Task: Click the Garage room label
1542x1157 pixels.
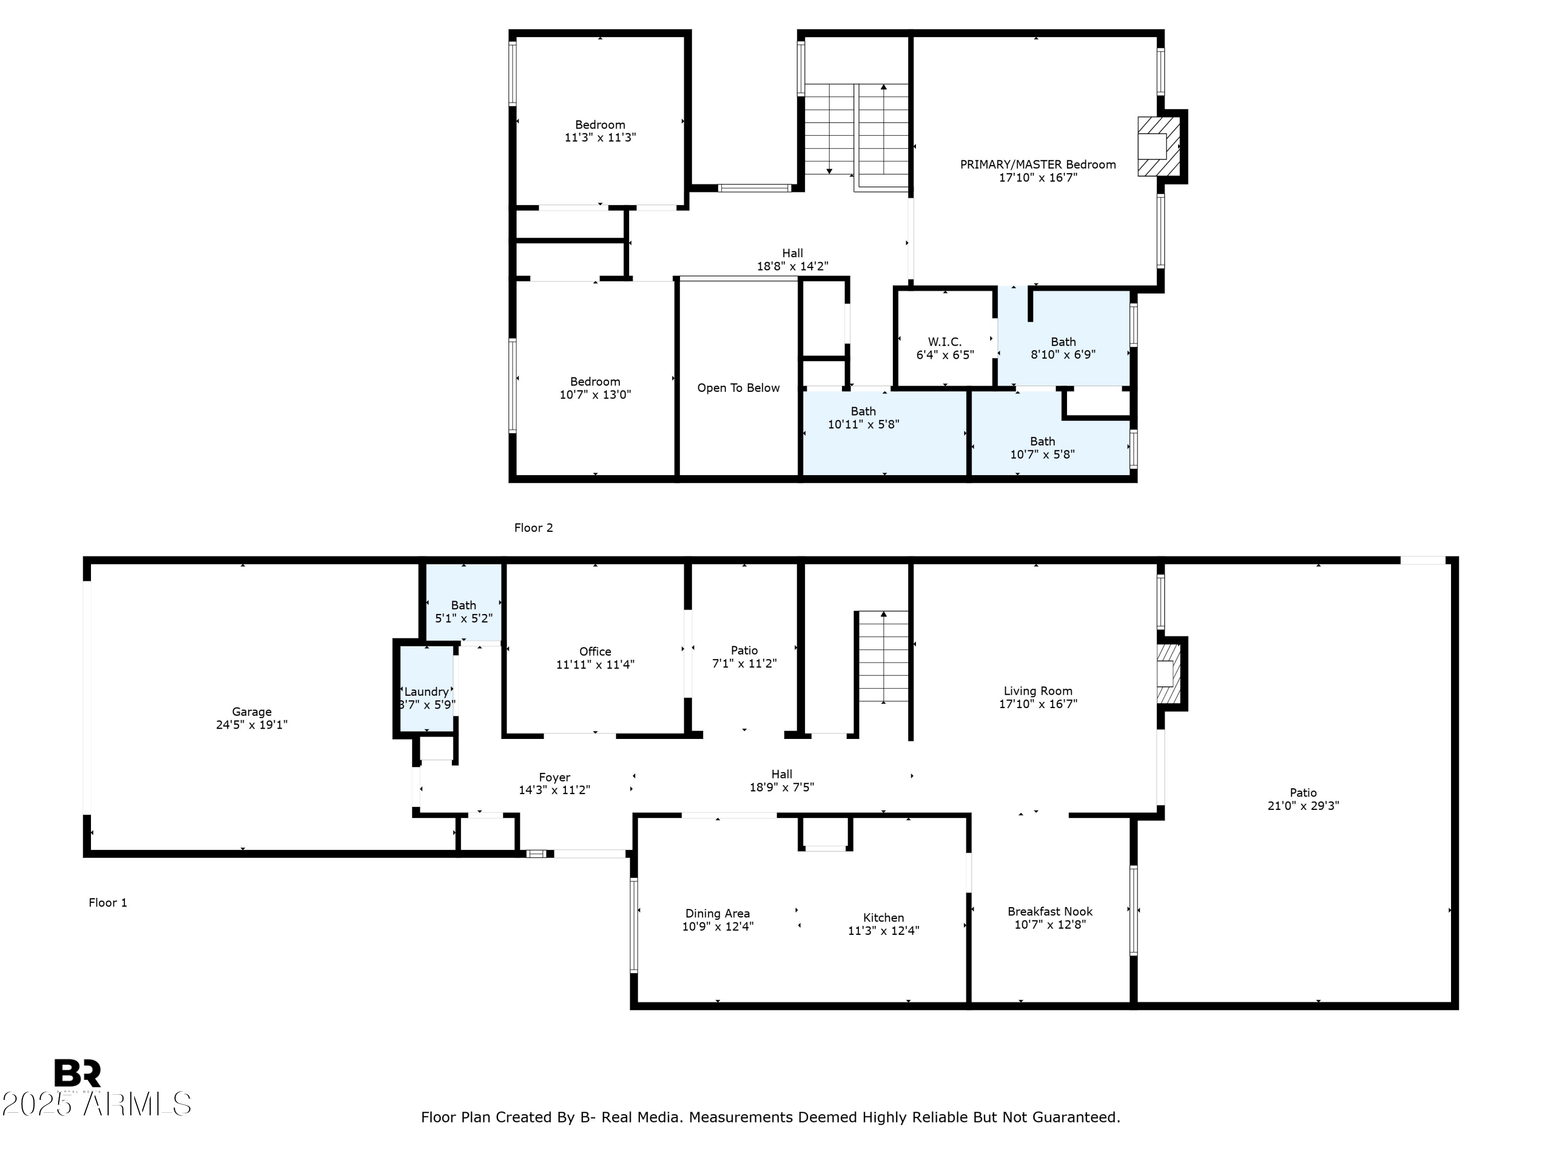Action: [x=252, y=712]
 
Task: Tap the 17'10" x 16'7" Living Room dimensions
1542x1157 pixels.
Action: [x=1038, y=704]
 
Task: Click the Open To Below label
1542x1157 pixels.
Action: [x=738, y=388]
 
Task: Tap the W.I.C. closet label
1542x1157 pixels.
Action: [x=945, y=342]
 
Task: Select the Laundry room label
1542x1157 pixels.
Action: [x=426, y=692]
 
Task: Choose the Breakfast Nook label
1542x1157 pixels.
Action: [x=1050, y=912]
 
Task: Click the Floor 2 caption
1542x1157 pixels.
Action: [x=534, y=528]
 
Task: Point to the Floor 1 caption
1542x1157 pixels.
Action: [x=107, y=902]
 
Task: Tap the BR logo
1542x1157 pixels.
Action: [x=78, y=1073]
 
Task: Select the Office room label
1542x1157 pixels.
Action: [x=595, y=652]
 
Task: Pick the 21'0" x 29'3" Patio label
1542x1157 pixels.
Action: [x=1303, y=799]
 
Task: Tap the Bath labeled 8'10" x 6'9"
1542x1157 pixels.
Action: [x=1063, y=348]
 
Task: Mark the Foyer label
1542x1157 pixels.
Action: [x=554, y=777]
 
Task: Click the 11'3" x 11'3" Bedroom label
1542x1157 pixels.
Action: [x=599, y=131]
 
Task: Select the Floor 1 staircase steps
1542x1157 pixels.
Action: [x=883, y=659]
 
